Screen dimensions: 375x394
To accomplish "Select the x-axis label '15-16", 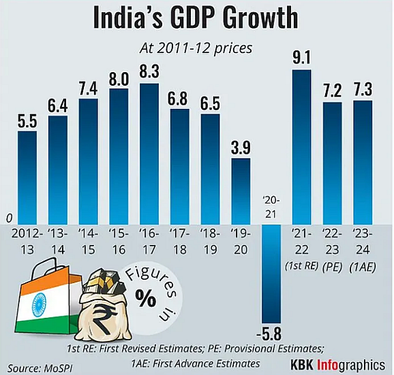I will click(119, 240).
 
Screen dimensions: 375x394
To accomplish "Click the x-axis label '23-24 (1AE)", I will click(363, 247).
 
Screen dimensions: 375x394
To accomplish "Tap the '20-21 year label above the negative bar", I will click(271, 207).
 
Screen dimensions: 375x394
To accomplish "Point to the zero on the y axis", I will click(9, 218).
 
